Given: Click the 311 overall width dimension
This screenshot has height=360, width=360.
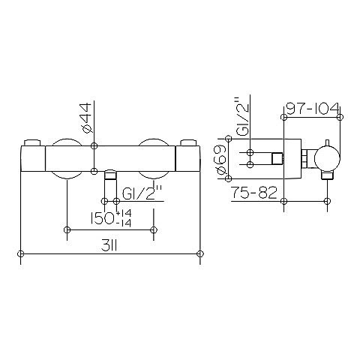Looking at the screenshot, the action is [x=109, y=247].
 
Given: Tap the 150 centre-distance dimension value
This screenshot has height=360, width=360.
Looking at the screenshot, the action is [x=103, y=219].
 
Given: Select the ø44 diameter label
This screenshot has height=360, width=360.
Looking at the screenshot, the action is [x=86, y=118].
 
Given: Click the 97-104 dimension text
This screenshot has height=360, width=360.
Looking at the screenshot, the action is [x=313, y=109].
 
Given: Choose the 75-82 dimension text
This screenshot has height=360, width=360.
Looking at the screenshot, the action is [x=254, y=193].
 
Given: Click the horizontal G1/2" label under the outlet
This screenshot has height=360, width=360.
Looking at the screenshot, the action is [x=142, y=194].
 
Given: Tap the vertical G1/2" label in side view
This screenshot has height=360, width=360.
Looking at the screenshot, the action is [x=243, y=117].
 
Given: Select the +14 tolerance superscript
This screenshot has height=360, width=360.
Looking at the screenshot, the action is [x=124, y=214].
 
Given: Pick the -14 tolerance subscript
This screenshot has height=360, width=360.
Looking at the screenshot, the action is [x=124, y=223].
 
